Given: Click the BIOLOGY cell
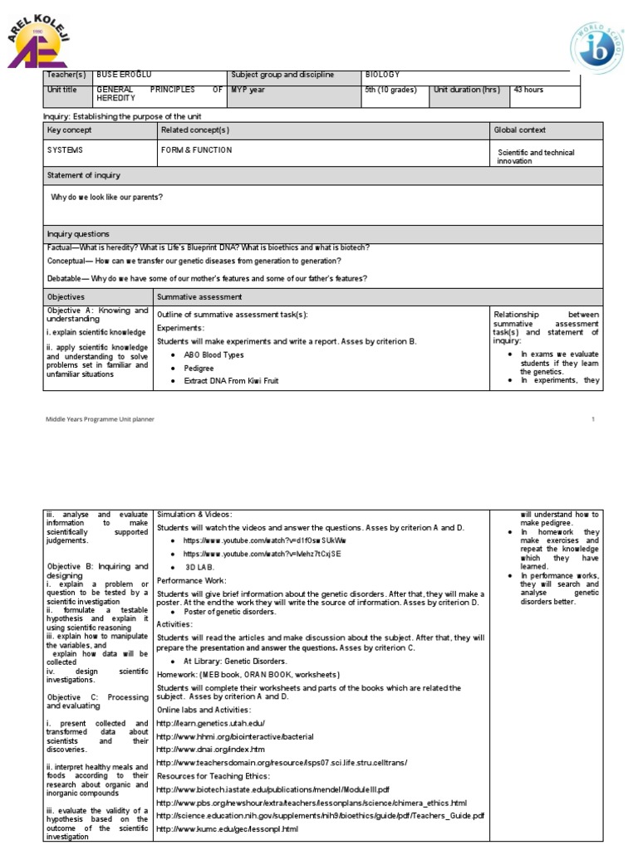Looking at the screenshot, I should (x=383, y=75).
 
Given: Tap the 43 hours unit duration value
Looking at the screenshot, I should (x=529, y=90).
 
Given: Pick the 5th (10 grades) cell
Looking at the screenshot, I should (x=391, y=90).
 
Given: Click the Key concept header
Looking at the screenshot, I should (x=70, y=130).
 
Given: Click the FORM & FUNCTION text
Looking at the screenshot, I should (x=197, y=150).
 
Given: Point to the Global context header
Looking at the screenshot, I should (x=520, y=130).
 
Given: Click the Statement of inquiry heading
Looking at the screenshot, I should (x=83, y=175).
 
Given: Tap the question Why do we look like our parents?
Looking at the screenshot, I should (x=107, y=197).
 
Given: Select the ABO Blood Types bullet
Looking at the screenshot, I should (x=214, y=354).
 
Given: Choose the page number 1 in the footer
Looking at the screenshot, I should (x=593, y=419).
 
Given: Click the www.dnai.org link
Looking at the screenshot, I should (x=204, y=749).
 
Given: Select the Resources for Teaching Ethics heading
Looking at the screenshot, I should (x=213, y=774).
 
